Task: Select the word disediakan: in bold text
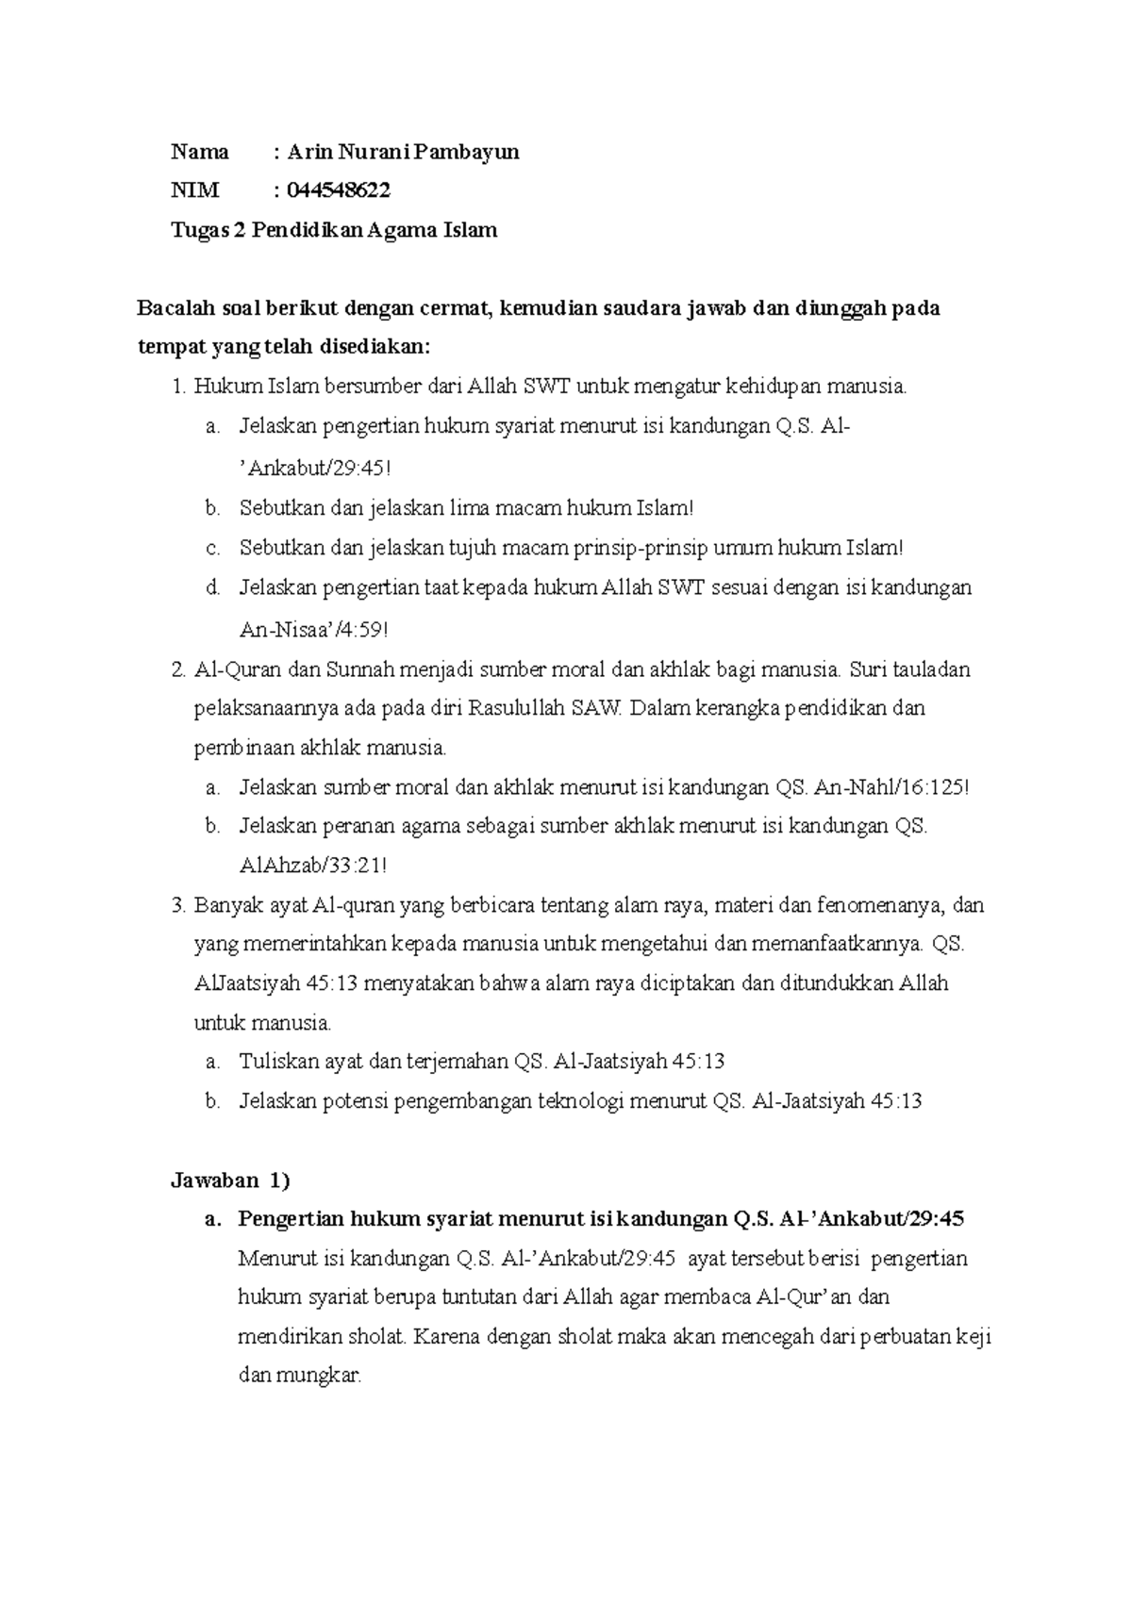[375, 347]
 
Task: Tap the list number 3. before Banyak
[179, 906]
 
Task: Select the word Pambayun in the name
[474, 152]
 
